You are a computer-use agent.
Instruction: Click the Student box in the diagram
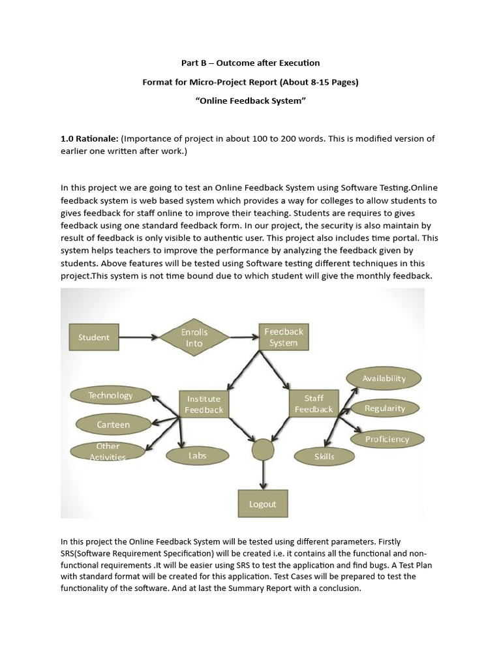(x=94, y=337)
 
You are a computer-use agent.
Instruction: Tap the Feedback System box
(x=283, y=337)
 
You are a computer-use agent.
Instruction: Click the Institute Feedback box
(x=204, y=404)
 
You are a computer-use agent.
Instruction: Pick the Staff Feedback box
(x=314, y=404)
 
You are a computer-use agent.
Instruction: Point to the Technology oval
(x=110, y=395)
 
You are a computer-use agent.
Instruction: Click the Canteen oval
(x=114, y=425)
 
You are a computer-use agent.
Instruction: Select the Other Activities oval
(x=108, y=451)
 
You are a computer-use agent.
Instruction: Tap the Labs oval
(x=197, y=455)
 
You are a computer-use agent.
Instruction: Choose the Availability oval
(x=384, y=378)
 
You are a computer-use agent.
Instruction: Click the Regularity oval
(x=385, y=408)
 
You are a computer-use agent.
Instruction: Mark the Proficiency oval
(x=387, y=439)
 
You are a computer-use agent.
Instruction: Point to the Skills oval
(x=324, y=457)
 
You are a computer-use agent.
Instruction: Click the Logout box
(x=263, y=504)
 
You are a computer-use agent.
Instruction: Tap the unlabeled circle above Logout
(x=263, y=449)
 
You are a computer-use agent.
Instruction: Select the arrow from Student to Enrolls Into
(x=137, y=337)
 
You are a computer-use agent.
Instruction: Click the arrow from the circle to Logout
(x=263, y=475)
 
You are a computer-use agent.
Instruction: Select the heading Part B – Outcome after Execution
(x=250, y=63)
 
